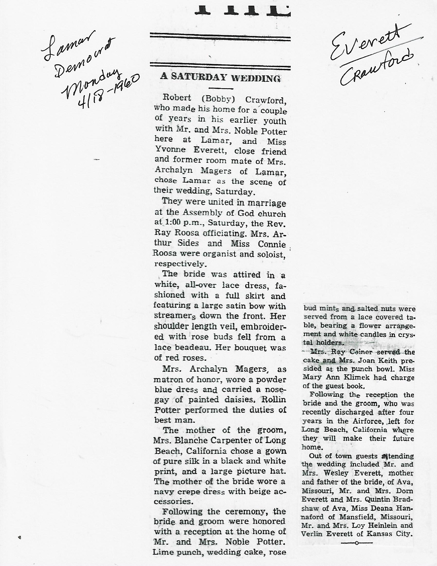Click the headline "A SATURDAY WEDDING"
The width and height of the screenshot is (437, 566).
coord(220,77)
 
